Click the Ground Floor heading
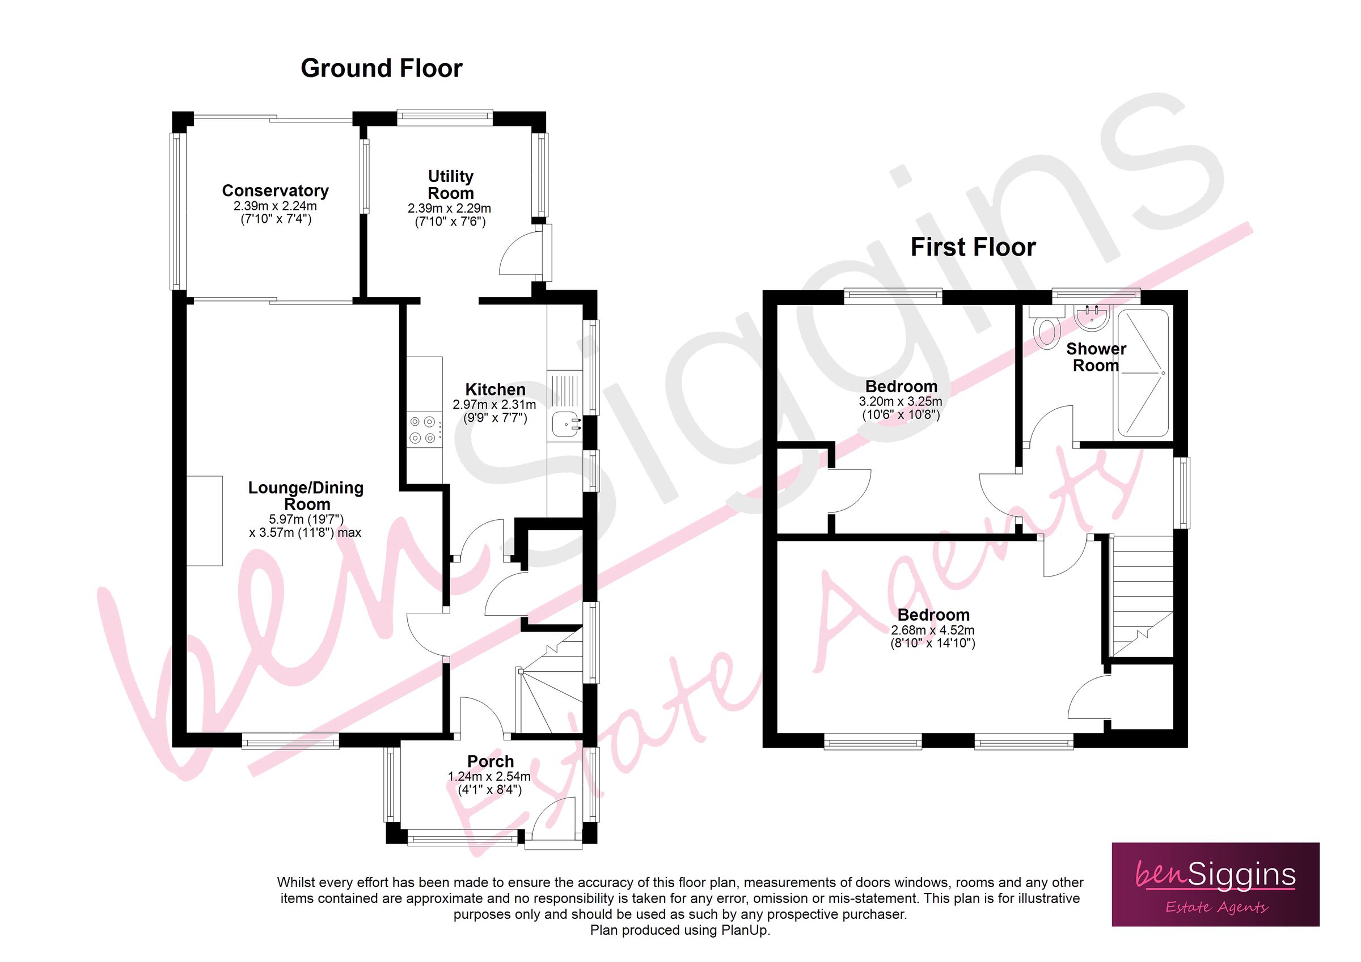(381, 69)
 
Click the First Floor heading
(973, 247)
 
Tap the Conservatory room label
(275, 191)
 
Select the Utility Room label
(450, 185)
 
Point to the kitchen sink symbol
(566, 425)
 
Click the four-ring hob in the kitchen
(422, 430)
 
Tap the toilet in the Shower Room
(1047, 332)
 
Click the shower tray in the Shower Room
(1142, 373)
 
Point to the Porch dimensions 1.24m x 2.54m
(489, 777)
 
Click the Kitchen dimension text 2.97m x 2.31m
(494, 405)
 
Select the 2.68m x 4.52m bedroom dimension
(932, 631)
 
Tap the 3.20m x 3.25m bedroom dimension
(901, 402)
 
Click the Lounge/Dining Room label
(306, 496)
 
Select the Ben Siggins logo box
(1215, 884)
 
